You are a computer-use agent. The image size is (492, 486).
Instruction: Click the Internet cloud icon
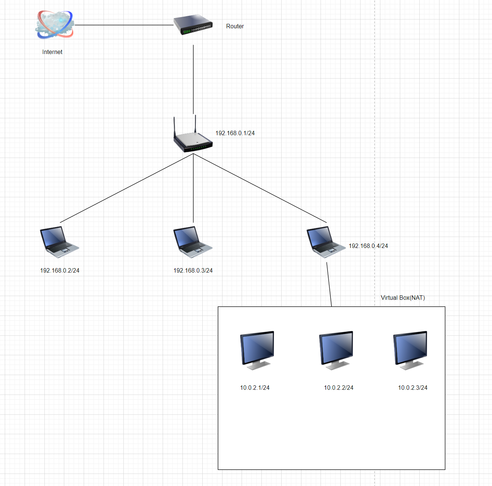click(x=55, y=25)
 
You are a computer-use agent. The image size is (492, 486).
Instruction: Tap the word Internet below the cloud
click(x=52, y=52)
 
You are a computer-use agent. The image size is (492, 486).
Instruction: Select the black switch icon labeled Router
click(x=193, y=25)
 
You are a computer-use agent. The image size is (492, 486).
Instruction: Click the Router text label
click(x=235, y=26)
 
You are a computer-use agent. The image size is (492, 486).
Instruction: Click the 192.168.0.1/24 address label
click(x=235, y=133)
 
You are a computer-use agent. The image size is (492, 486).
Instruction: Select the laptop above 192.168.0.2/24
click(x=59, y=241)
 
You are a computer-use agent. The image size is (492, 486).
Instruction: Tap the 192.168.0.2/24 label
click(x=59, y=271)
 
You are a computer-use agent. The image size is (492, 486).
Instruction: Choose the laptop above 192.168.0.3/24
click(x=193, y=241)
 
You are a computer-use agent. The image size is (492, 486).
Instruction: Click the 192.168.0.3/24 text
click(x=193, y=271)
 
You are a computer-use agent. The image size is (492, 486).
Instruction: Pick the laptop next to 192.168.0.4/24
click(x=326, y=241)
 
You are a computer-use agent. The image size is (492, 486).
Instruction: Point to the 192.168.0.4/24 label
click(x=368, y=246)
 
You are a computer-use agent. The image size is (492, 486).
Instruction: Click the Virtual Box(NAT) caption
click(x=403, y=298)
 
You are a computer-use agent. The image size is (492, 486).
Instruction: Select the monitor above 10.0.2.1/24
click(x=257, y=350)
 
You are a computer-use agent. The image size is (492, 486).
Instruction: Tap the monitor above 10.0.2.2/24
click(x=336, y=350)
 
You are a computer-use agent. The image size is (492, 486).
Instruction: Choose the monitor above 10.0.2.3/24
click(x=410, y=350)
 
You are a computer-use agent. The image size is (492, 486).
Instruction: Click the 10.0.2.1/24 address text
click(x=255, y=388)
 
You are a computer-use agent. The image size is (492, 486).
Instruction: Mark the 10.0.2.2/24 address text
click(x=339, y=388)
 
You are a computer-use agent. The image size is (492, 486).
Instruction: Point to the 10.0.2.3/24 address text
click(x=413, y=388)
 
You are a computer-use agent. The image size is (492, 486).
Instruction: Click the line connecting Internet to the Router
click(x=124, y=25)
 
